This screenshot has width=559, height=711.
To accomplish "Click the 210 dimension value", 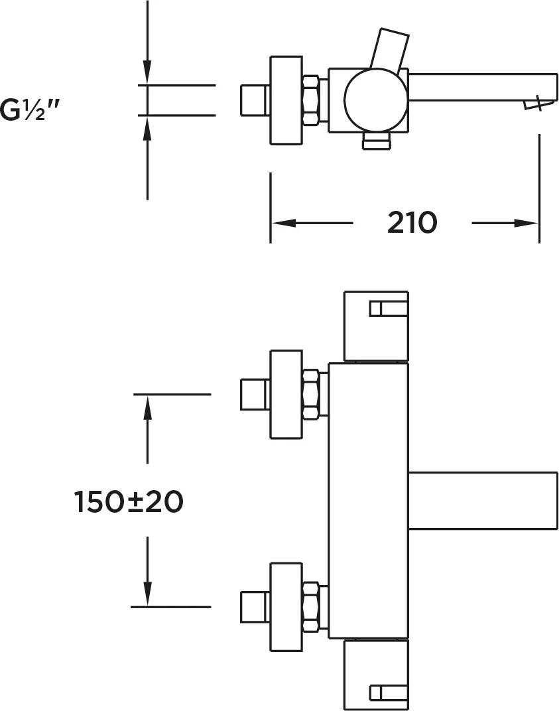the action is (412, 223).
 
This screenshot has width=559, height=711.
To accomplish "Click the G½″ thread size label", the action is (30, 109).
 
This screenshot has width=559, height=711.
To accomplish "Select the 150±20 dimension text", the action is (128, 501).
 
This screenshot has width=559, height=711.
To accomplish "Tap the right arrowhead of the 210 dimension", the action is (527, 223).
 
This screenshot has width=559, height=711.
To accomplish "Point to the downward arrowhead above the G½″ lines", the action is (147, 72).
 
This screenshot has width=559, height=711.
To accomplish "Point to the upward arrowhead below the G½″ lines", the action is (147, 128).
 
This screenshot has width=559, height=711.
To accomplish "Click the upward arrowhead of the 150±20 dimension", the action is (147, 407).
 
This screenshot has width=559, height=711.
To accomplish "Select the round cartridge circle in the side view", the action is (375, 99).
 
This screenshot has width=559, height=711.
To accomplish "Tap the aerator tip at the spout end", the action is (539, 103).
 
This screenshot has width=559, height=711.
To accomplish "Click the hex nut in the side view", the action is (311, 99).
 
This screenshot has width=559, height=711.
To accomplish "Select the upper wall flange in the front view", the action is (286, 395).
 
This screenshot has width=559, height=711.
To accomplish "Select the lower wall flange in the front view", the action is (286, 607).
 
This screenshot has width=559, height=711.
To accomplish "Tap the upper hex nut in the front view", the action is (311, 394).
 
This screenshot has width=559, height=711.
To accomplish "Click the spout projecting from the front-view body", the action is (483, 501).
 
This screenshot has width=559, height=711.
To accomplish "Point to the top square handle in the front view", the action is (376, 326).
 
